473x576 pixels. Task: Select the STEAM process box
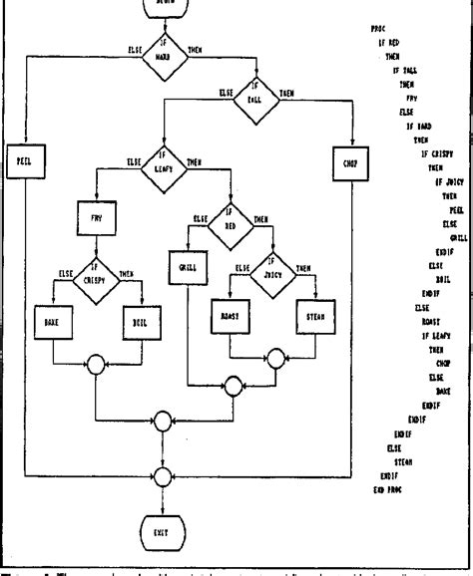coord(317,321)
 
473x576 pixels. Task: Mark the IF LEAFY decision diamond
coord(165,159)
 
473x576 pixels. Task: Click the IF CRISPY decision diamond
coord(97,273)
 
